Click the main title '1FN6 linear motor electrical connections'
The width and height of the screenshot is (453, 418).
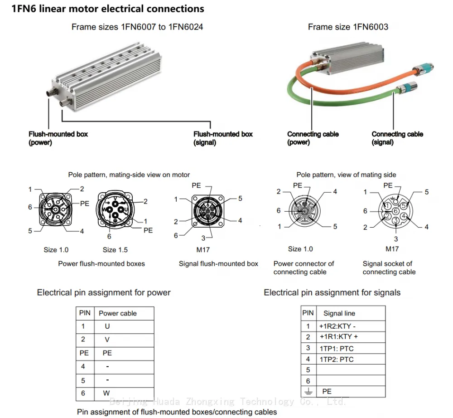tap(108, 9)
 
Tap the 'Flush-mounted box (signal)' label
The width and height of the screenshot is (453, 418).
tap(223, 138)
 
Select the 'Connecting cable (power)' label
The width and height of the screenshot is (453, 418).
tap(313, 138)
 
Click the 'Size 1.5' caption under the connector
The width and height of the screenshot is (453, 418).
tap(115, 250)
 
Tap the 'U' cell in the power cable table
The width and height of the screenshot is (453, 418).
tap(107, 326)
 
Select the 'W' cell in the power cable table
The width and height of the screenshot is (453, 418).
tap(106, 393)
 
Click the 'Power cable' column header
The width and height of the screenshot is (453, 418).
tap(118, 313)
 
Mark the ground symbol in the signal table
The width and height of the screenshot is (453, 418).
tap(308, 392)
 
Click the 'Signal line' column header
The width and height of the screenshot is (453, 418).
tap(339, 313)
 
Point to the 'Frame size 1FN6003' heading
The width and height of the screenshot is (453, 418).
tap(348, 27)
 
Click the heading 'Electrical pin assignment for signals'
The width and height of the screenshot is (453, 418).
tap(332, 292)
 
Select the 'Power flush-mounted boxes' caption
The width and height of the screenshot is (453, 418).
tap(101, 264)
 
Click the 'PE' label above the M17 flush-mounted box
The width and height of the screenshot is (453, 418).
tap(196, 185)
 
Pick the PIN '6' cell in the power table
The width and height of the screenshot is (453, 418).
tap(83, 393)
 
